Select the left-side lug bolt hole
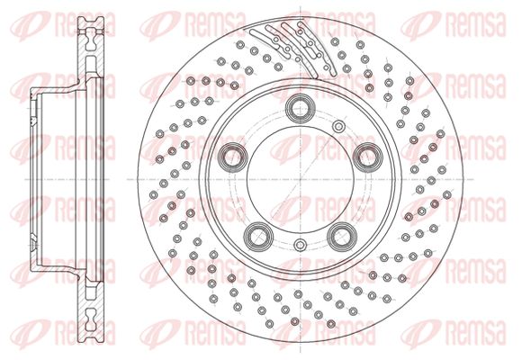point(232,157)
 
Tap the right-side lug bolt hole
point(367,157)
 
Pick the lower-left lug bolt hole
point(258,237)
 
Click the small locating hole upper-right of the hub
point(338,126)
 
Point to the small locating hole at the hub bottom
point(300,245)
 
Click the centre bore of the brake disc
point(300,179)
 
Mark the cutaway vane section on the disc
point(293,49)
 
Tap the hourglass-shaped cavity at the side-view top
point(90,39)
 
